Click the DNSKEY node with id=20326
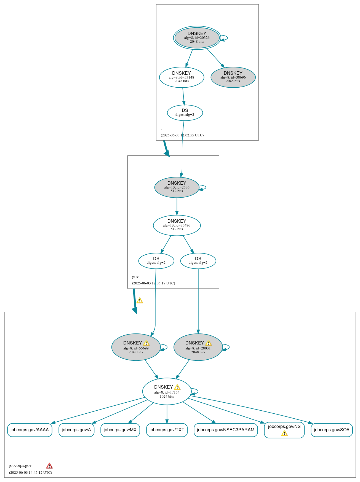coord(197,38)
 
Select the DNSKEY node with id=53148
coord(182,77)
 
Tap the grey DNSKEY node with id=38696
coord(233,77)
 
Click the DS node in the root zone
coord(185,113)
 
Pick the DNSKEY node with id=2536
coord(177,187)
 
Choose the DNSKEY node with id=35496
coord(177,225)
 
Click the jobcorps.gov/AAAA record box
coord(30,430)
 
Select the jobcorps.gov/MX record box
coord(120,430)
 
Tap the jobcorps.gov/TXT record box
coord(167,430)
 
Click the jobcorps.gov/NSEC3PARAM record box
coord(225,430)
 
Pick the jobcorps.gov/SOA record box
coord(331,430)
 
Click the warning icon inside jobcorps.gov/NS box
coord(284,433)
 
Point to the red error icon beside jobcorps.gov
coord(49,466)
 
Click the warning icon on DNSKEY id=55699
coord(146,343)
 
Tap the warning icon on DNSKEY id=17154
coord(177,387)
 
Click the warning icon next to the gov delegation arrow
coord(140,301)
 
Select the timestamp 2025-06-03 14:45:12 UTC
coord(30,472)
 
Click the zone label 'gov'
coord(135,277)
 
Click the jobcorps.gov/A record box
coord(76,430)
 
